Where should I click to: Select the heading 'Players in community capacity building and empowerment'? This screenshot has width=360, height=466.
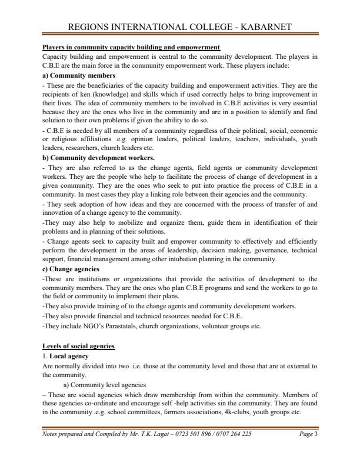tap(131, 46)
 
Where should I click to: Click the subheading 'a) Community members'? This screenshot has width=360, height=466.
tap(79, 76)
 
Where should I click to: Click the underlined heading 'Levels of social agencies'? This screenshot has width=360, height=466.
tap(79, 345)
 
